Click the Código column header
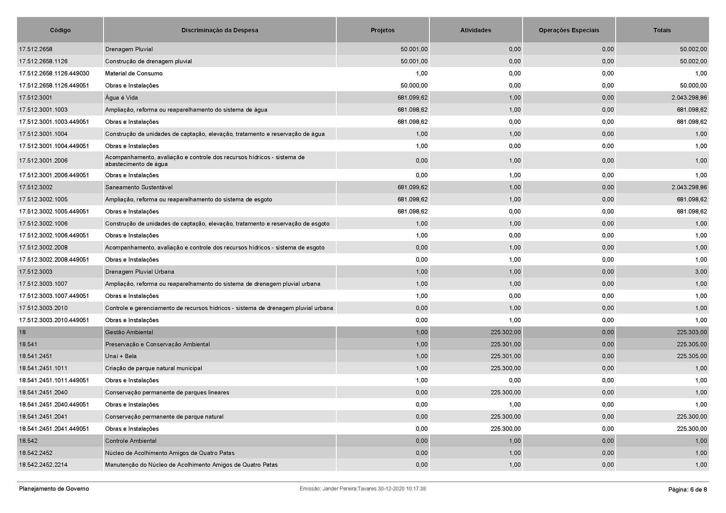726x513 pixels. point(60,30)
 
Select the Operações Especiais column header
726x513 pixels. point(569,30)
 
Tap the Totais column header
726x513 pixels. point(662,30)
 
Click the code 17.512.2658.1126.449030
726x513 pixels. point(54,73)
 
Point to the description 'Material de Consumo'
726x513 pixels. point(134,73)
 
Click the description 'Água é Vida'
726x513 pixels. point(121,98)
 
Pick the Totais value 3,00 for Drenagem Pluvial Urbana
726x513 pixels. point(701,272)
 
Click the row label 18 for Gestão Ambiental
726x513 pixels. point(22,332)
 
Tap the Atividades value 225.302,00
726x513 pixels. point(505,332)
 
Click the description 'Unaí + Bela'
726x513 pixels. point(121,356)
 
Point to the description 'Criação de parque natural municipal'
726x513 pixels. point(153,368)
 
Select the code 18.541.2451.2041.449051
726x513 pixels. point(54,429)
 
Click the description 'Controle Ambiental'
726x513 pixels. point(131,441)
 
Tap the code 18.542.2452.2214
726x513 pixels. point(43,465)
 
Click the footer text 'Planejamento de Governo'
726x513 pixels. point(54,489)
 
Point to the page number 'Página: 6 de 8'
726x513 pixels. point(688,490)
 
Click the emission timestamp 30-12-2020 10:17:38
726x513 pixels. point(402,489)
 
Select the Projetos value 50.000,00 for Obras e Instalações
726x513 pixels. point(414,85)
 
